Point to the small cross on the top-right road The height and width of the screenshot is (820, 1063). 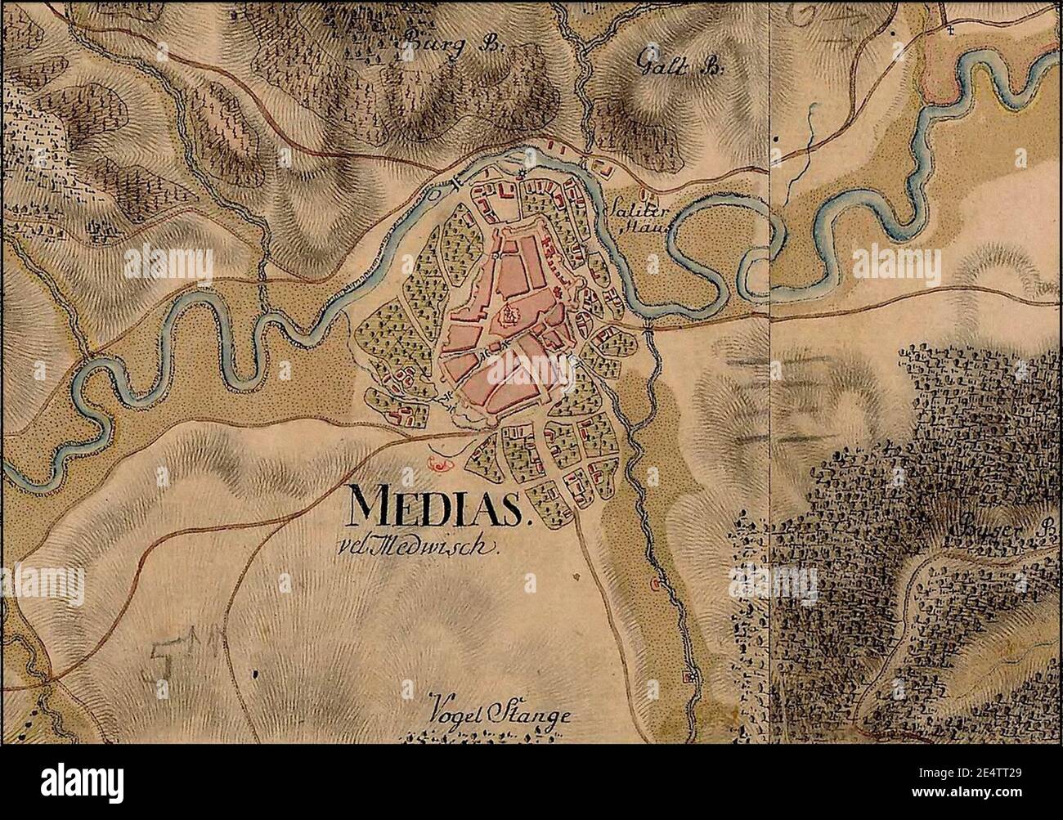(x=950, y=30)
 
